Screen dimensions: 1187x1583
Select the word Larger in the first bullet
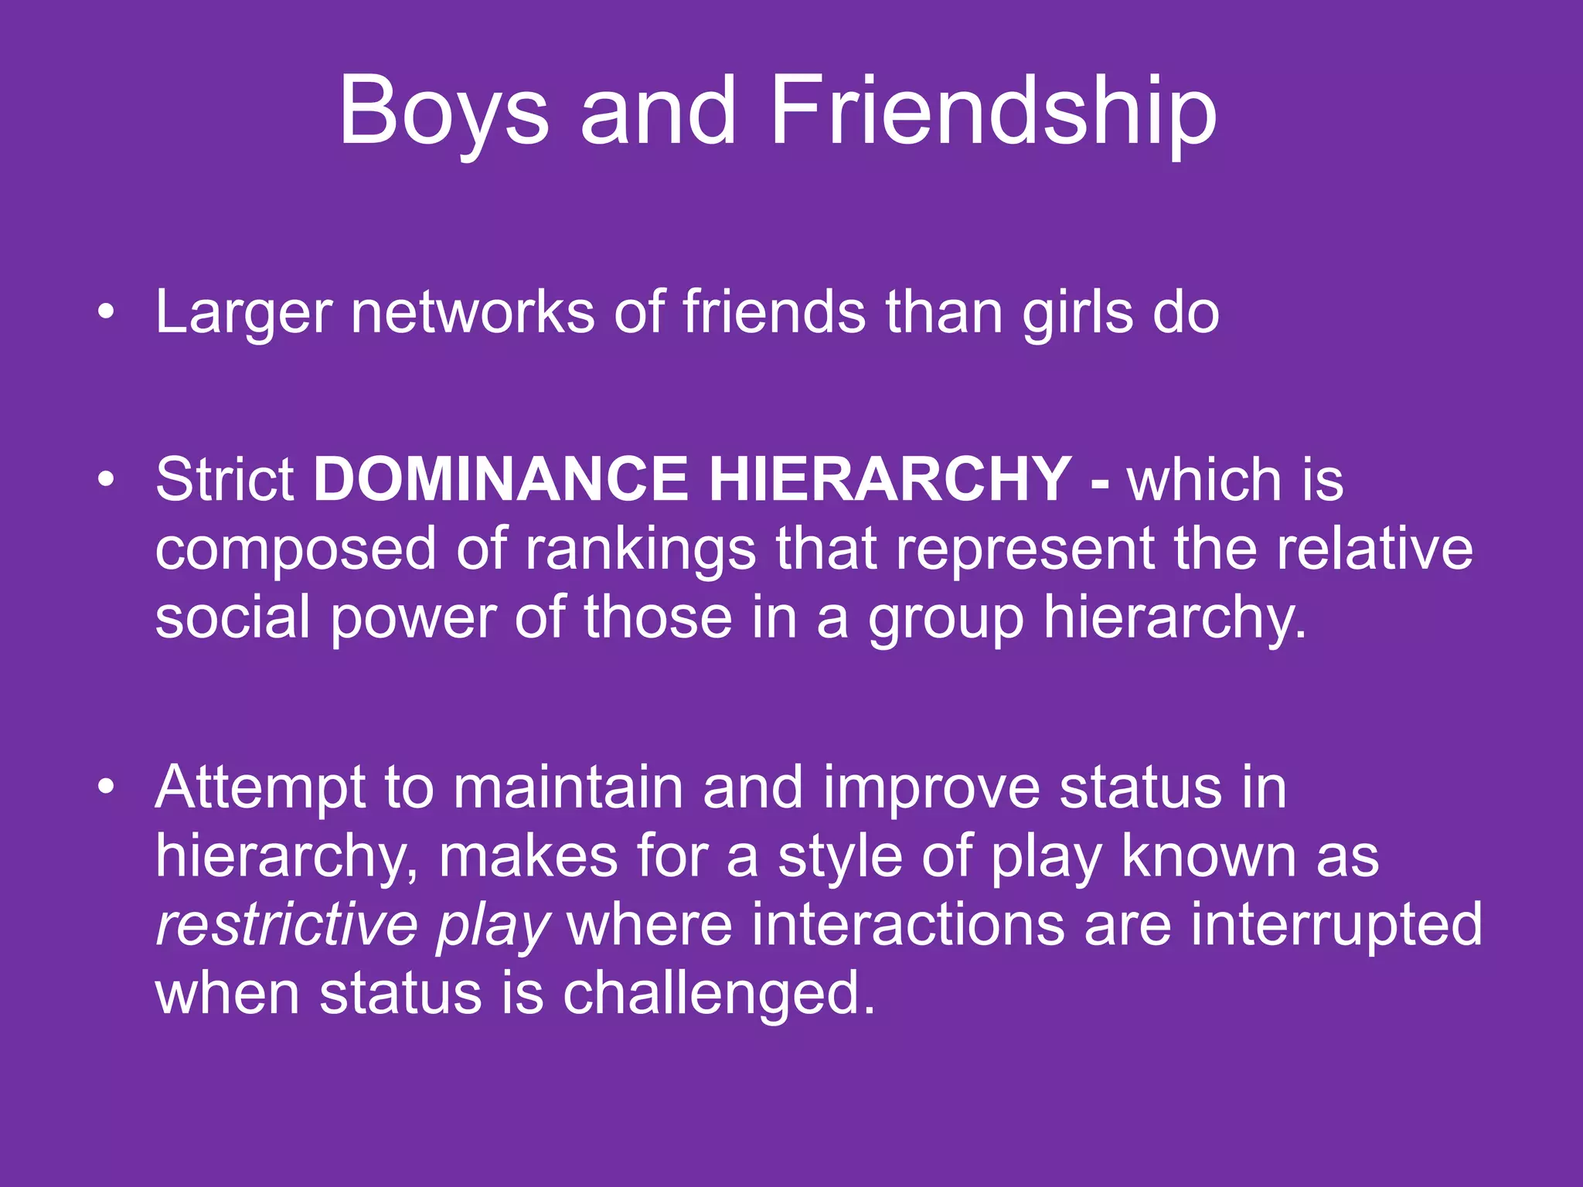click(x=243, y=313)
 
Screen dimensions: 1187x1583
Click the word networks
click(x=472, y=311)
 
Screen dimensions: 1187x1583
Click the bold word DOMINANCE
click(x=500, y=479)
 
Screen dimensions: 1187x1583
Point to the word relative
click(x=1374, y=548)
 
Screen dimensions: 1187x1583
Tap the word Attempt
click(x=260, y=788)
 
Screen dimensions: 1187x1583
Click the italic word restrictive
click(x=286, y=924)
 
